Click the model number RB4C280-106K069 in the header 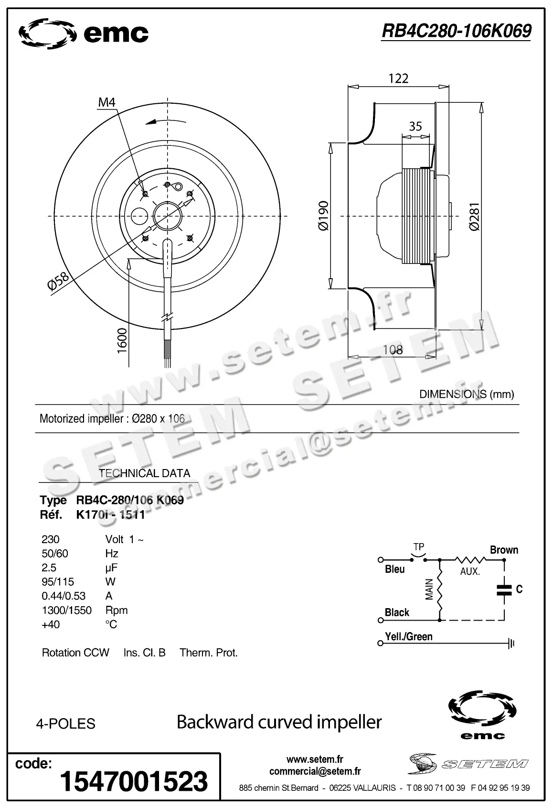456,31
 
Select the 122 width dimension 398,78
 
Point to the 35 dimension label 415,126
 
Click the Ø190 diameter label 323,216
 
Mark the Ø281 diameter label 474,218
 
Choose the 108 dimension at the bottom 393,350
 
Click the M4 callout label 107,102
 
